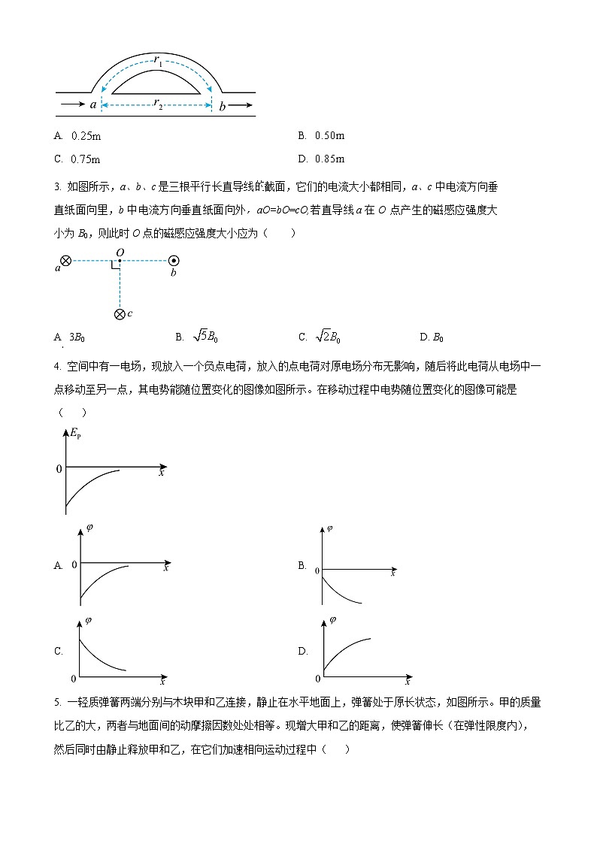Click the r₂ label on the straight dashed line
pos(158,104)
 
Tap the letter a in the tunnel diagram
pos(93,105)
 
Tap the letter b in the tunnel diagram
pos(222,105)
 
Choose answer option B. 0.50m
pos(321,136)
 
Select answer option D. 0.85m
pos(321,159)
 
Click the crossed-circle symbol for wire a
pos(66,261)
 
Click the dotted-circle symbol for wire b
pos(174,261)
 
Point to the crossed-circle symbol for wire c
pos(120,314)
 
